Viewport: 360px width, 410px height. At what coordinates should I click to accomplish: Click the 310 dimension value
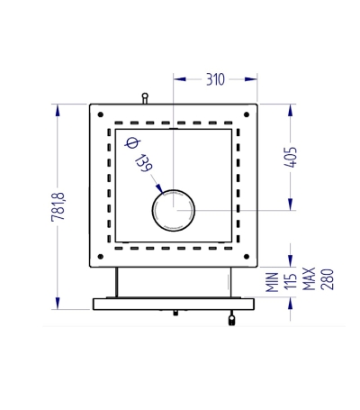[215, 79]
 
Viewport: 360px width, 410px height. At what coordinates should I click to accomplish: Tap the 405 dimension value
[291, 157]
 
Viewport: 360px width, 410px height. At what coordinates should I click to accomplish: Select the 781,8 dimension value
[58, 206]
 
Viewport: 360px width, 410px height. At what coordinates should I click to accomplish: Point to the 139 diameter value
[144, 163]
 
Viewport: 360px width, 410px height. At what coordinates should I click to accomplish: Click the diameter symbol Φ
[131, 142]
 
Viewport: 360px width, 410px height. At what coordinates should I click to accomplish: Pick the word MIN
[273, 282]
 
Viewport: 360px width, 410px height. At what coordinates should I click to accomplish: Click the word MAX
[309, 279]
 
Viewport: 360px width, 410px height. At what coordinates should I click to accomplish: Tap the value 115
[290, 282]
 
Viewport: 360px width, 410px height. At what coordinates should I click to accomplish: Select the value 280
[327, 279]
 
